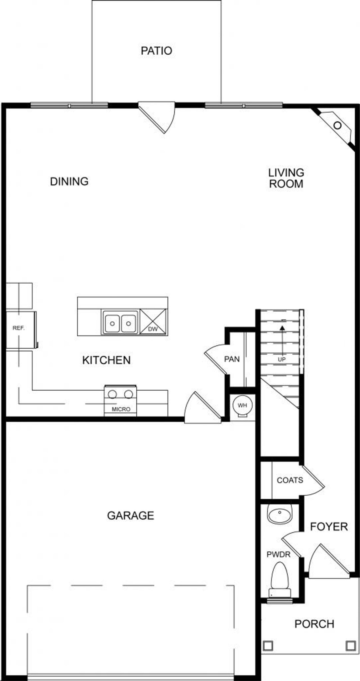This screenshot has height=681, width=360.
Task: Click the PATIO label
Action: point(156,51)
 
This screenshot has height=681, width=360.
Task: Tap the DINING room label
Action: point(69,181)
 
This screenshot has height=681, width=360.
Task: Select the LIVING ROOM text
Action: point(286,178)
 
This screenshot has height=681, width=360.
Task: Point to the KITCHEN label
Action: point(106,360)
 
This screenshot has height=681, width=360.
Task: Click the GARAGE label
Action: point(130,516)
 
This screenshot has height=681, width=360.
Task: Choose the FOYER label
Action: point(329,527)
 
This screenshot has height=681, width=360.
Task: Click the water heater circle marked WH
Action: point(242,405)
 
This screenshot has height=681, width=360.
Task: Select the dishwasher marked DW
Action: point(153,322)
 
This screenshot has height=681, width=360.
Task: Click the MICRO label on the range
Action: point(121,409)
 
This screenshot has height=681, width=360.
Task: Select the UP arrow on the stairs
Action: point(282,338)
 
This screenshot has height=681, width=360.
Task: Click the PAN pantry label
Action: point(232,359)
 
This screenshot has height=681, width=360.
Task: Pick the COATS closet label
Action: point(290,480)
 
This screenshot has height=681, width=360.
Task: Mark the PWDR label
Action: point(278,555)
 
